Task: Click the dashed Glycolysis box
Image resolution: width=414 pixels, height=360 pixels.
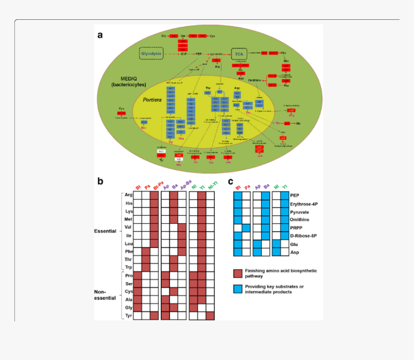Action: pos(151,53)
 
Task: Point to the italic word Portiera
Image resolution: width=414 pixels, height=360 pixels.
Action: pos(155,99)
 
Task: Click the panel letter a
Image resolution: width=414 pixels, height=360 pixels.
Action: pos(100,35)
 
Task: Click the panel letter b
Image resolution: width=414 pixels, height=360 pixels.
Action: pos(100,182)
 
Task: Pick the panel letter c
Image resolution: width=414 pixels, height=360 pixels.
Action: pos(231,182)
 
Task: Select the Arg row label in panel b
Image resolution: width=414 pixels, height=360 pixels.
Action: pos(129,195)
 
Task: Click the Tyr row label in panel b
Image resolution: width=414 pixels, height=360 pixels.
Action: pos(129,315)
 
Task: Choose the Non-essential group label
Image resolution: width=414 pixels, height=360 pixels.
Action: pos(105,295)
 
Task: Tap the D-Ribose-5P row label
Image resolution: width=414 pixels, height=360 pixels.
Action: pos(304,236)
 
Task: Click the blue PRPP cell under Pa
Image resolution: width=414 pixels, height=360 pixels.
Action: pos(246,227)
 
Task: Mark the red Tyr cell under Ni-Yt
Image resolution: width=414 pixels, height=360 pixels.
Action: pos(210,315)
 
